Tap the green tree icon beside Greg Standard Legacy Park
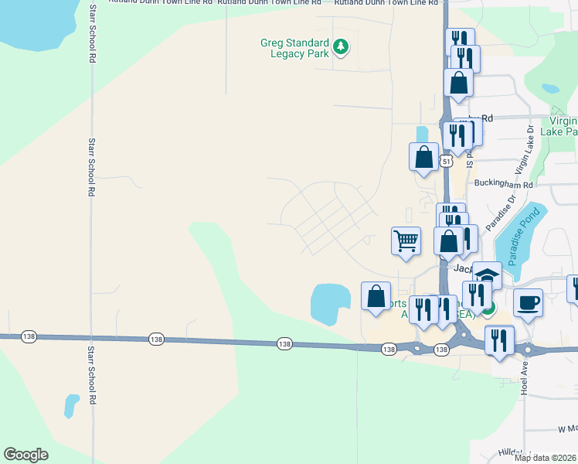pyautogui.click(x=341, y=48)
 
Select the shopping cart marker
pyautogui.click(x=406, y=241)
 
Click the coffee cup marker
pyautogui.click(x=528, y=302)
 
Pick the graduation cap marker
pyautogui.click(x=487, y=275)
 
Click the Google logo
pyautogui.click(x=25, y=455)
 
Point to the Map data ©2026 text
pyautogui.click(x=545, y=458)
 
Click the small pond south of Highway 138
pyautogui.click(x=71, y=404)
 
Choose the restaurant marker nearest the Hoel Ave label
pyautogui.click(x=499, y=341)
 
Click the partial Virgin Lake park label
pyautogui.click(x=562, y=126)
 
